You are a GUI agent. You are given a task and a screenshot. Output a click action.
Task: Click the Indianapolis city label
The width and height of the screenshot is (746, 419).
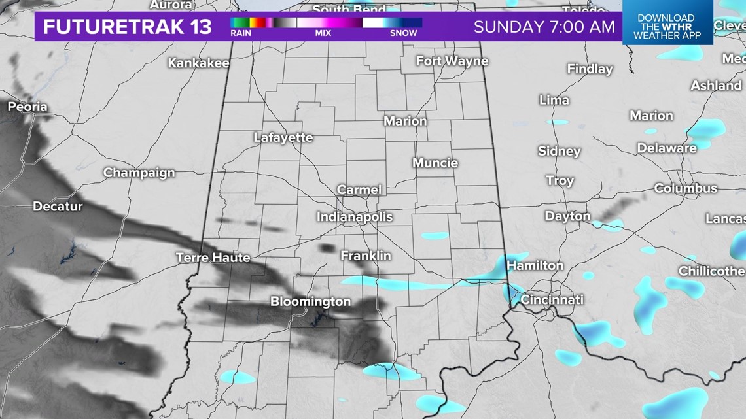click(x=355, y=216)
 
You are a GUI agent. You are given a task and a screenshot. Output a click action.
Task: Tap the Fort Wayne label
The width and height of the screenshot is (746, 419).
click(x=452, y=61)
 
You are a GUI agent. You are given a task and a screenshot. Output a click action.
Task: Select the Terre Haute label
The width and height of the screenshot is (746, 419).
click(x=213, y=258)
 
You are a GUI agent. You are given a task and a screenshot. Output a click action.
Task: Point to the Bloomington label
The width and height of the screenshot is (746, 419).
click(x=311, y=302)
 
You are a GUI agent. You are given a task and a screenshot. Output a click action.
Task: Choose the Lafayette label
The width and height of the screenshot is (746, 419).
click(x=283, y=138)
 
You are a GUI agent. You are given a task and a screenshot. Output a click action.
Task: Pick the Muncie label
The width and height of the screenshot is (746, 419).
click(x=435, y=163)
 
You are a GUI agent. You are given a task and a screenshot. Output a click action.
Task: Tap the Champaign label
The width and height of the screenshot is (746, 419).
click(x=139, y=173)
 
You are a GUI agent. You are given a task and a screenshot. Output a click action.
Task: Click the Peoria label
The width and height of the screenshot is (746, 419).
click(x=27, y=106)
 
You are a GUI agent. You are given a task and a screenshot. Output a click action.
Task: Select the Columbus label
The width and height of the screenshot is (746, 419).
click(x=685, y=188)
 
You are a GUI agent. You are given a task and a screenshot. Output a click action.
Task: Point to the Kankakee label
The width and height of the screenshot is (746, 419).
click(x=198, y=63)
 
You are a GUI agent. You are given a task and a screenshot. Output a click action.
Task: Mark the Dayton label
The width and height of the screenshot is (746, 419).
click(x=567, y=216)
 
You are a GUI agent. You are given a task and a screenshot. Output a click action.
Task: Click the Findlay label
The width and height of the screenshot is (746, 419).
click(x=590, y=69)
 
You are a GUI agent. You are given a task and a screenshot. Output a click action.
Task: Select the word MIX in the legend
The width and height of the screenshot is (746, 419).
click(x=323, y=33)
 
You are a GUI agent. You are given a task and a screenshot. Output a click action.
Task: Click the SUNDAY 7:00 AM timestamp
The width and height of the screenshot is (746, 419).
click(x=544, y=27)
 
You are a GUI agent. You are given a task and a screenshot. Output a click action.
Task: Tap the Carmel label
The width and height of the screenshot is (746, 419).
click(x=359, y=190)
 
